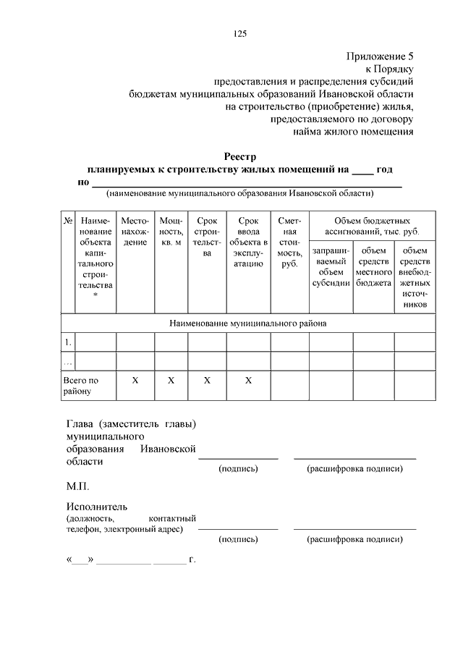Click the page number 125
[x=240, y=34]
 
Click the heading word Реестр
[x=239, y=156]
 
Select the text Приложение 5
[x=380, y=55]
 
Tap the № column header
[x=68, y=220]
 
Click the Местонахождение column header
[x=135, y=231]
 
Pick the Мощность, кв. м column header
[x=171, y=231]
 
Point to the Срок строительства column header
[x=207, y=237]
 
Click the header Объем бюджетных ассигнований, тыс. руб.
[x=373, y=226]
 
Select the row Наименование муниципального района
[x=248, y=324]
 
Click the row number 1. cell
[x=68, y=342]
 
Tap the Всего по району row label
[x=80, y=386]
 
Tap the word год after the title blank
[x=384, y=169]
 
